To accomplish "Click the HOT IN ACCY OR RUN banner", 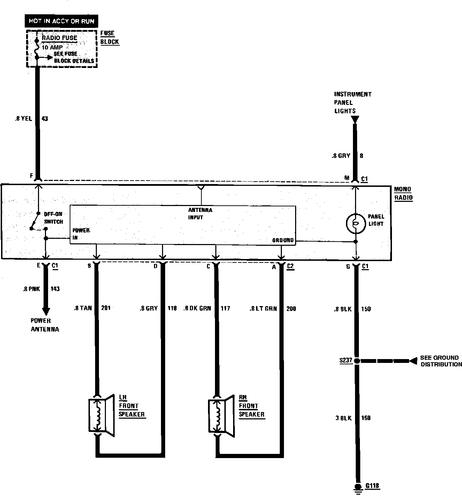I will click(x=61, y=21).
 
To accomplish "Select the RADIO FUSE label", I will click(x=60, y=38).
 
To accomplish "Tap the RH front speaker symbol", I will click(x=220, y=414).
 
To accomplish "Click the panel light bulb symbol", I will click(x=355, y=223).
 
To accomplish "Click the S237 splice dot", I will click(x=357, y=361).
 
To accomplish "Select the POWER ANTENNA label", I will click(x=45, y=325).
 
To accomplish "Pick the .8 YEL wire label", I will click(x=23, y=119).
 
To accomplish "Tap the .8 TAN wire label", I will click(x=83, y=308).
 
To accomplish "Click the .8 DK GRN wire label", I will click(x=197, y=308).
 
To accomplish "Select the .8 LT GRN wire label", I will click(x=263, y=309).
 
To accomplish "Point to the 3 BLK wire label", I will click(x=344, y=418).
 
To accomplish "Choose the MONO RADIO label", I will click(x=403, y=193).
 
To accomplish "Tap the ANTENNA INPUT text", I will click(x=200, y=214).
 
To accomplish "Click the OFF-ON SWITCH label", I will click(x=53, y=218).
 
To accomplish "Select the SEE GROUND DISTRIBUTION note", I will click(x=441, y=361).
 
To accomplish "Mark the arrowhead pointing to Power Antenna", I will click(x=46, y=311).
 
